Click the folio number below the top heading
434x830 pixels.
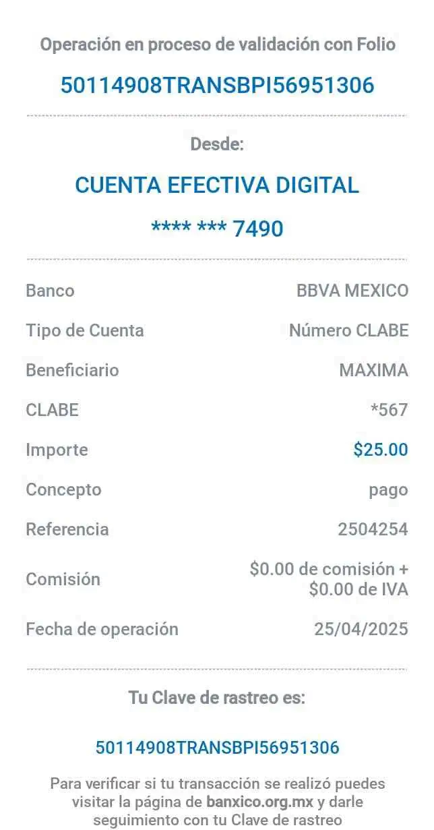click(217, 86)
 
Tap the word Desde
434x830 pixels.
click(217, 144)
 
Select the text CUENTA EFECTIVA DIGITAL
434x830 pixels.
click(217, 185)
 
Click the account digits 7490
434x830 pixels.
click(258, 229)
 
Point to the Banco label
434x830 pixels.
click(50, 291)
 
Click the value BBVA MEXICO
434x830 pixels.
click(352, 291)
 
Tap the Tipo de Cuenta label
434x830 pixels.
click(84, 330)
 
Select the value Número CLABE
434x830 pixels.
click(348, 330)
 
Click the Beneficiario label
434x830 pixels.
click(71, 370)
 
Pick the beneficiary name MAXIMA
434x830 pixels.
click(373, 370)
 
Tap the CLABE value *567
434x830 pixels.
click(390, 409)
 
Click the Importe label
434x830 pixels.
click(57, 450)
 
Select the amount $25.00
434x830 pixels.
click(381, 450)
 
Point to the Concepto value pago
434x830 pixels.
click(388, 490)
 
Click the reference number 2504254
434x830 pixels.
click(373, 529)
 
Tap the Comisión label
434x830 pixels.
click(63, 579)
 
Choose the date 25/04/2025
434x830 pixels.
click(361, 629)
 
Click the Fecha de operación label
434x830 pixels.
click(102, 629)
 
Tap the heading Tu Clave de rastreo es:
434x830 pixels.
click(217, 698)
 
